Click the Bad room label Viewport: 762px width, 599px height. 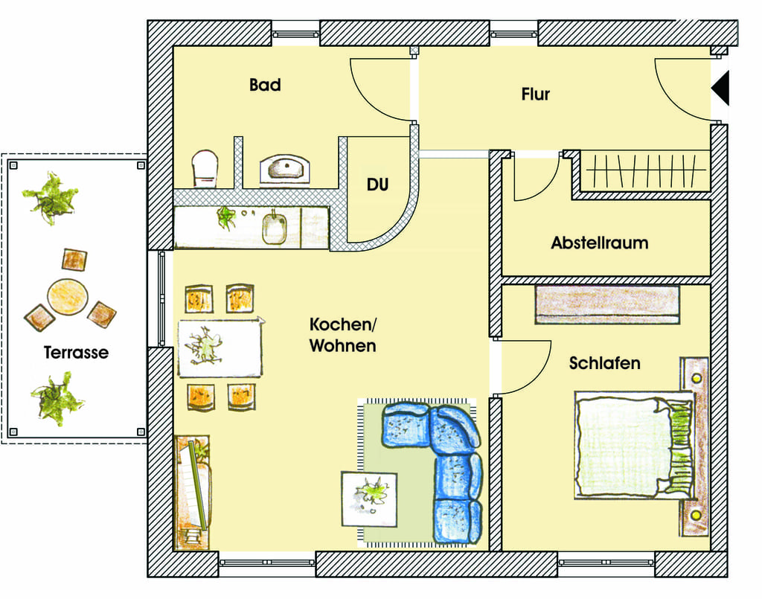click(x=265, y=85)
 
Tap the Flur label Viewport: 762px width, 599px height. click(x=536, y=95)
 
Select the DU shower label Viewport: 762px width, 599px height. click(x=377, y=185)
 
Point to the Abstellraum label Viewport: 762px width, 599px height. click(x=600, y=243)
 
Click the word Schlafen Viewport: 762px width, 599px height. click(x=604, y=363)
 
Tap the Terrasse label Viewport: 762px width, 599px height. click(x=77, y=353)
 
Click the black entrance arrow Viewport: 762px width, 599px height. click(x=720, y=89)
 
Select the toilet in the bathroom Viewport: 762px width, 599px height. click(x=205, y=169)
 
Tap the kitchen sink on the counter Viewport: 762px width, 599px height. click(x=275, y=228)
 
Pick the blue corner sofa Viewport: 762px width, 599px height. click(x=432, y=471)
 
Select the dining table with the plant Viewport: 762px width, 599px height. click(x=220, y=347)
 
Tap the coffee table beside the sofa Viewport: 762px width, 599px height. click(x=369, y=499)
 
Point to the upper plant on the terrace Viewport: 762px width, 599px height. click(x=51, y=198)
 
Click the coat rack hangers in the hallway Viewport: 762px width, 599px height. click(x=645, y=170)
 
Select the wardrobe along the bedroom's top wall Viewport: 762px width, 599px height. click(x=607, y=304)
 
